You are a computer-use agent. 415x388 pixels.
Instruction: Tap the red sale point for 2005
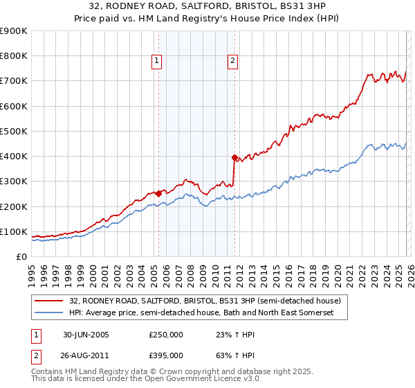[159, 194]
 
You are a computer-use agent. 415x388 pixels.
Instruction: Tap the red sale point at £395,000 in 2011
[234, 157]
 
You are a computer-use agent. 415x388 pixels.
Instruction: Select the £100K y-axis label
[15, 231]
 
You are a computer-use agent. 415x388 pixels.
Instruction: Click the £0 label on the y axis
[21, 256]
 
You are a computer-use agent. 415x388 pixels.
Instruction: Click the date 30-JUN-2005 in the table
[86, 335]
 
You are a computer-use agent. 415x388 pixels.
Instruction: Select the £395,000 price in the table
[166, 355]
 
